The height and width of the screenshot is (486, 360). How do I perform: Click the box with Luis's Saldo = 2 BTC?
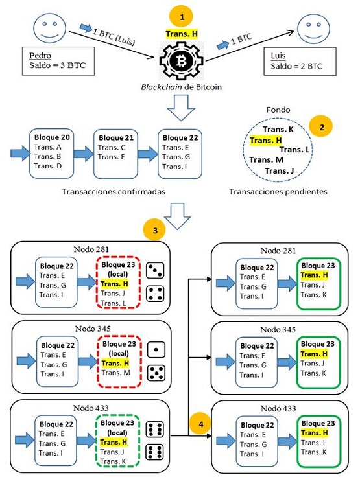click(x=295, y=61)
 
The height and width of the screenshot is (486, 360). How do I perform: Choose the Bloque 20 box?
click(x=51, y=153)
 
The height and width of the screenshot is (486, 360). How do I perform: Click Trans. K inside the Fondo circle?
click(x=277, y=131)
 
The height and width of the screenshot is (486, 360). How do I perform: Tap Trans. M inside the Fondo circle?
click(x=266, y=159)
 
